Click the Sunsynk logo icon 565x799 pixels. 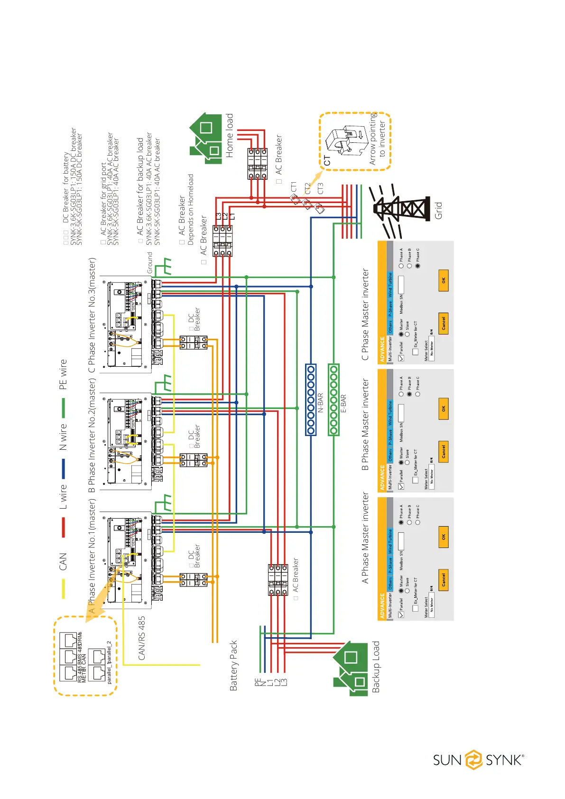click(473, 760)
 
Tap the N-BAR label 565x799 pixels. click(320, 402)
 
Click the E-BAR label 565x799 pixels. click(343, 404)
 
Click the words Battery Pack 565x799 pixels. click(233, 665)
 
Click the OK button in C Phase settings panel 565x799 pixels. click(444, 280)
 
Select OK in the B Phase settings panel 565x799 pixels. click(444, 409)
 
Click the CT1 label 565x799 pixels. click(294, 187)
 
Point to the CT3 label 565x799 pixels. click(320, 188)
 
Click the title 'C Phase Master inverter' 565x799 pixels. click(365, 314)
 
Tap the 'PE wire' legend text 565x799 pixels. click(63, 375)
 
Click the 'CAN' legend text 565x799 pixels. click(63, 562)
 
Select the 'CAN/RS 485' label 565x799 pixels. click(142, 638)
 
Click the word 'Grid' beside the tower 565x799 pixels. click(438, 211)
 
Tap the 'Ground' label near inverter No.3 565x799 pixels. click(150, 263)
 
